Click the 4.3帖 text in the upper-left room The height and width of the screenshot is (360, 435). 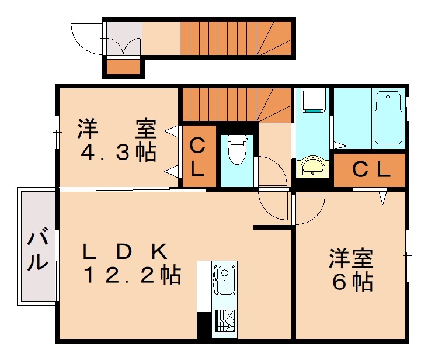click(118, 153)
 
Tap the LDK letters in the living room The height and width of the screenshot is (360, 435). click(125, 252)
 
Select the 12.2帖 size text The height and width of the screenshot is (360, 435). click(131, 274)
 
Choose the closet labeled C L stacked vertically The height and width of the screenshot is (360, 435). click(197, 157)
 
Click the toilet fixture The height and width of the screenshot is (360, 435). click(236, 150)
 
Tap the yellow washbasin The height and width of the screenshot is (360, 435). click(313, 167)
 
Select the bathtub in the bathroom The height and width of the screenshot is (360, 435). click(388, 117)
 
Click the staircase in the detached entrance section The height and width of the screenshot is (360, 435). click(234, 37)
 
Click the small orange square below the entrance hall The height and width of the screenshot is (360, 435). click(123, 66)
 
